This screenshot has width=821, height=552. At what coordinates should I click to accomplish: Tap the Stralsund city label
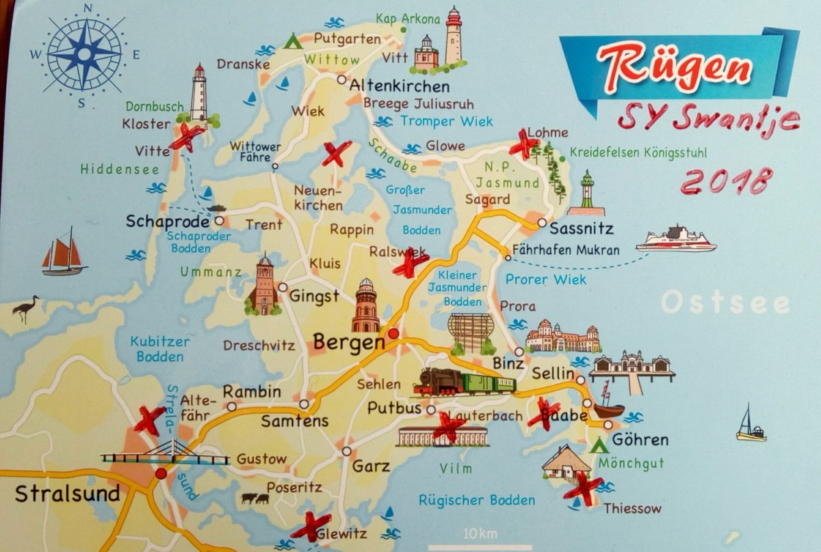(67, 493)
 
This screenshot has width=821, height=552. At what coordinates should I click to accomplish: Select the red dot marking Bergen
(393, 334)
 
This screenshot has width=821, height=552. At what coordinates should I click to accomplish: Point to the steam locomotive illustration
(438, 382)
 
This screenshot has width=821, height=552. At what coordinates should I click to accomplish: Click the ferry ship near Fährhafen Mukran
(675, 239)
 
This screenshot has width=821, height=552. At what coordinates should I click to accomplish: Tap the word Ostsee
(725, 302)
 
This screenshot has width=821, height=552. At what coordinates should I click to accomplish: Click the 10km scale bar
(479, 544)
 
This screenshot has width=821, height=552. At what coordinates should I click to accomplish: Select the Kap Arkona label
(408, 18)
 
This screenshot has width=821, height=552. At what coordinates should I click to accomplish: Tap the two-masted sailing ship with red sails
(63, 252)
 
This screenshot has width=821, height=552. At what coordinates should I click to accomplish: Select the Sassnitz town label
(582, 228)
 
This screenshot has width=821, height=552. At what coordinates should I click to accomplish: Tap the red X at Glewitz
(311, 525)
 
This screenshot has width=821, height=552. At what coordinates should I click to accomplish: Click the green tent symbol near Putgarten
(293, 41)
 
